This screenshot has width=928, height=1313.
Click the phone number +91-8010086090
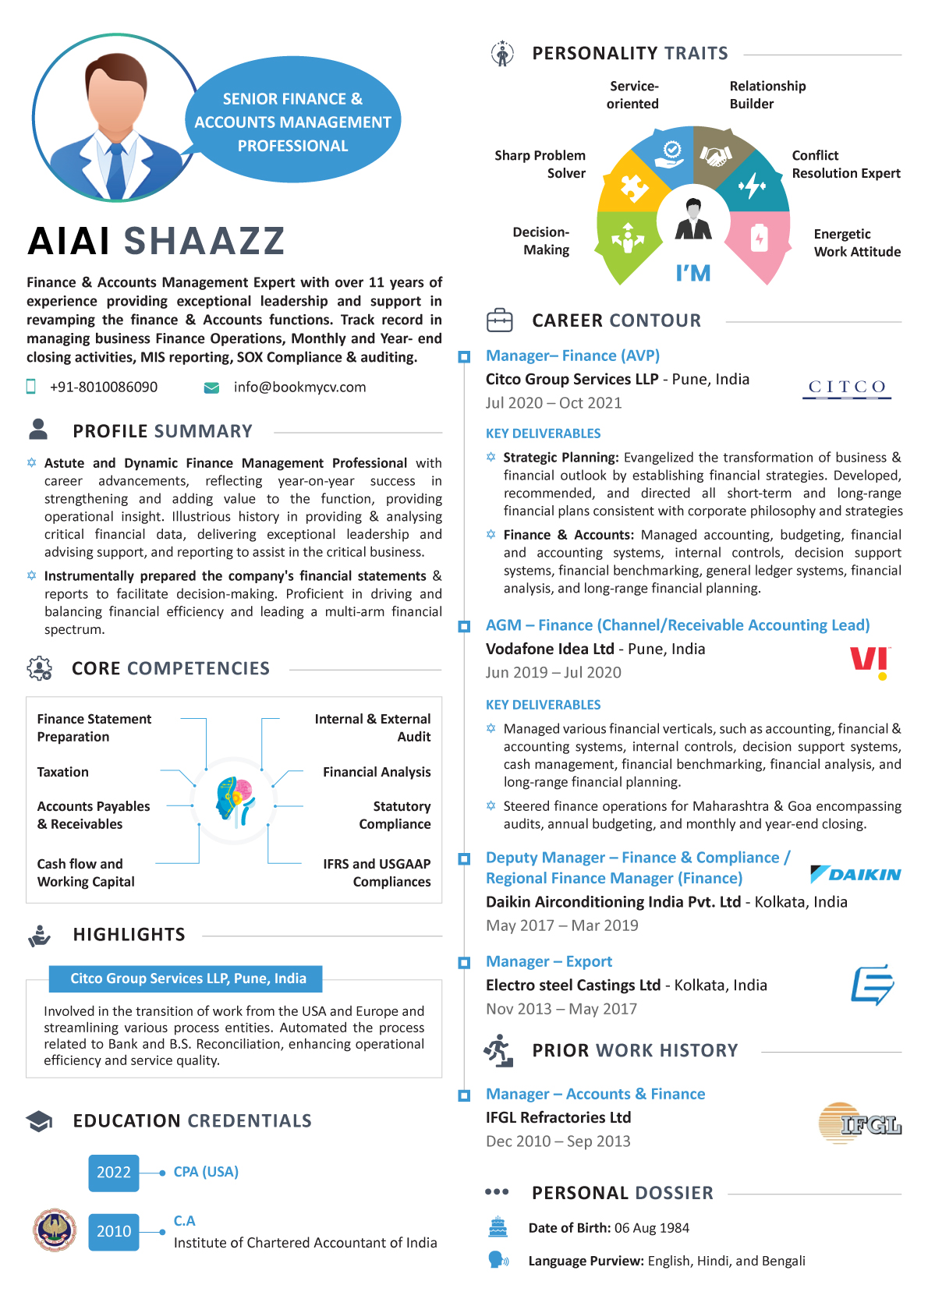point(104,388)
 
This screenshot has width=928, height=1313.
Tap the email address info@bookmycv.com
point(299,388)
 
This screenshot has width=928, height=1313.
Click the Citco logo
point(847,388)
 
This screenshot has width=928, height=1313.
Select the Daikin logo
point(855,874)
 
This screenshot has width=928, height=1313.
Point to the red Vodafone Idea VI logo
point(870,662)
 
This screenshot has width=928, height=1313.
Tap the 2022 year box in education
point(114,1173)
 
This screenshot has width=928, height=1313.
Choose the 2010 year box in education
point(114,1231)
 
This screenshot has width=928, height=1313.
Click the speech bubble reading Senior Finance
point(292,122)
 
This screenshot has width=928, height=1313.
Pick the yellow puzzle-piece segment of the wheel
point(633,186)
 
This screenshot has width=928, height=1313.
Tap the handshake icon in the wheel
point(714,156)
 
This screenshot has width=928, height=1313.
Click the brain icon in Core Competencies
point(235,800)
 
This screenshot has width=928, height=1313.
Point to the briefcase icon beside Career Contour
point(500,320)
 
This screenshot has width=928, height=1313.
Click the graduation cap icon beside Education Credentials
point(39,1121)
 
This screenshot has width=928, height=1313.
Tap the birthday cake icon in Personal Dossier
point(498,1227)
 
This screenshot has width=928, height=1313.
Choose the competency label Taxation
point(63,772)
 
